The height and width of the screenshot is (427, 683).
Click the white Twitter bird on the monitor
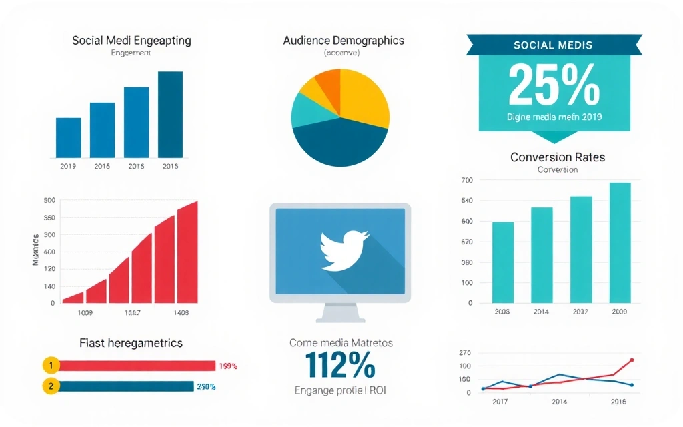[343, 250]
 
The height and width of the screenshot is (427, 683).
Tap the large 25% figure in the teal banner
[554, 85]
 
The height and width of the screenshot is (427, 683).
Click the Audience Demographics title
[344, 40]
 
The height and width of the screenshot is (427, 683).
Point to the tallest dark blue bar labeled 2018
[170, 114]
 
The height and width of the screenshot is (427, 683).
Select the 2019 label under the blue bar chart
[68, 167]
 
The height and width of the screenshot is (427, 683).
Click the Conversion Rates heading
[558, 157]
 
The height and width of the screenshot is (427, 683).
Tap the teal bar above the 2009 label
[620, 243]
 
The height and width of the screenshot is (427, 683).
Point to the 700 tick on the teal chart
[466, 180]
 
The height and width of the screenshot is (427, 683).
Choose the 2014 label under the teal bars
[541, 312]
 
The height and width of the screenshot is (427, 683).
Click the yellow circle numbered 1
[51, 365]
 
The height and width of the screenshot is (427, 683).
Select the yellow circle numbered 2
[51, 386]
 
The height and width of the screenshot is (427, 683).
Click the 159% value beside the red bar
[228, 366]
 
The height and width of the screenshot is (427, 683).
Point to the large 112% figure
[340, 366]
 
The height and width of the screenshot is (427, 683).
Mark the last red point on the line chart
[632, 360]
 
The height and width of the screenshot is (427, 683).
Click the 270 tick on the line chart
[465, 353]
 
